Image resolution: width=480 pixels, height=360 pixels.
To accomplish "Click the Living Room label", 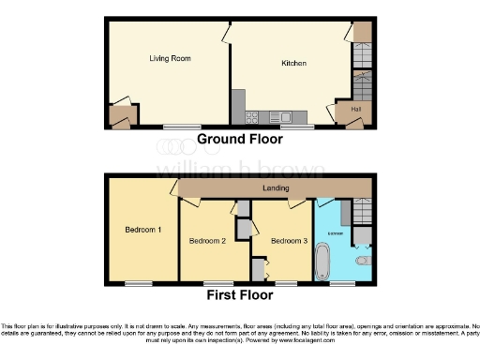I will coord(170,58).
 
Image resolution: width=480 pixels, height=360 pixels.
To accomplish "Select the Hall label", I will coord(355,110).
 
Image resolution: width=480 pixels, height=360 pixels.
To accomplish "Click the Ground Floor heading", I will coord(239,139).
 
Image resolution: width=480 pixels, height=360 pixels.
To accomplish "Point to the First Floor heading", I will coord(239,294).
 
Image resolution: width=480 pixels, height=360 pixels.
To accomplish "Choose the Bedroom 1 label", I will coord(143,229).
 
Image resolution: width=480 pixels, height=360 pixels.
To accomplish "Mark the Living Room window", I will coord(174,126).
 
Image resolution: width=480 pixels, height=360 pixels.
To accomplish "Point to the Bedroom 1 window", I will coord(139,281).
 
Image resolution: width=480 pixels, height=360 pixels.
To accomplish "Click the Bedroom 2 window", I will coord(219,281).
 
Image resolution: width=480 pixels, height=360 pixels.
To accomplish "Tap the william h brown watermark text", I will coord(239,170).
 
